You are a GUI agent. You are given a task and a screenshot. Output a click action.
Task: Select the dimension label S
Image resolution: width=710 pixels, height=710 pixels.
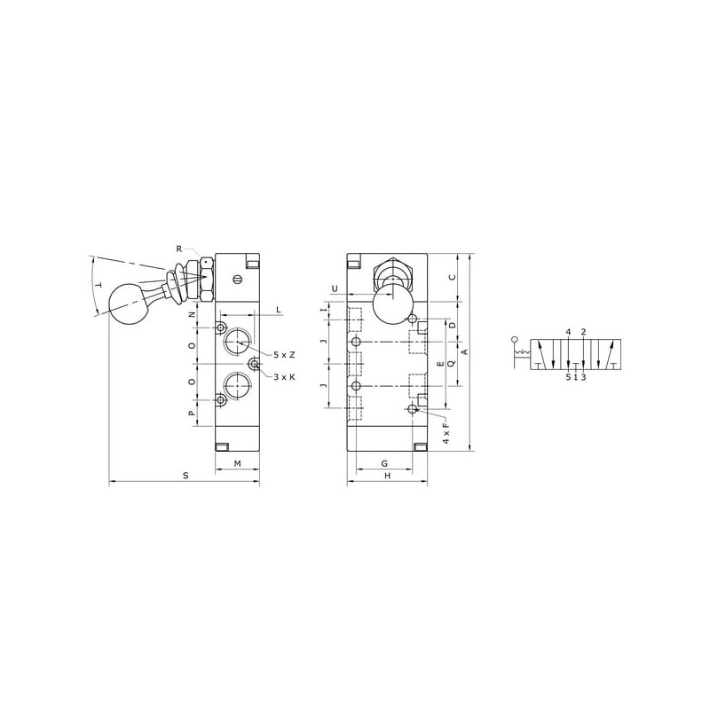(185, 476)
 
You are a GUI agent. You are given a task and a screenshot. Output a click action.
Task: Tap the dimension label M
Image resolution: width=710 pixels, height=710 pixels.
(237, 463)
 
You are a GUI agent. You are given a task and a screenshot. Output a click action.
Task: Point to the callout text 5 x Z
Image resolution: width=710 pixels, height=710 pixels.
(284, 355)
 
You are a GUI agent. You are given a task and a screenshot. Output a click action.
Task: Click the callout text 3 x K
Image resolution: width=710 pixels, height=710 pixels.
(284, 376)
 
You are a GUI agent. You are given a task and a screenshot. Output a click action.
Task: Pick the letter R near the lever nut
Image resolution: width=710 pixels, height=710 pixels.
(179, 248)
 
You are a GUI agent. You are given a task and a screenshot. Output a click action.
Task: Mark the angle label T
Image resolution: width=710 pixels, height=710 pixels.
(99, 285)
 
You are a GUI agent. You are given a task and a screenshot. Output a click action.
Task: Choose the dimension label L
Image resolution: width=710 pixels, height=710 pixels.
(279, 310)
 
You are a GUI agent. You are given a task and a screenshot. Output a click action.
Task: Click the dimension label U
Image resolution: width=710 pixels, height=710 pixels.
(335, 289)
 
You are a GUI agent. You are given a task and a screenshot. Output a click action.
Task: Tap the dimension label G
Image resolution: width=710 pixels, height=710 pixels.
(384, 463)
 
